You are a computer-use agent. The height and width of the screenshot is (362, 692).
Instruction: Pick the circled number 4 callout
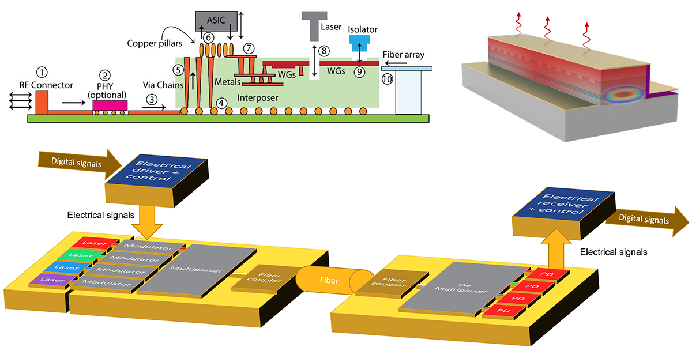pos(221,104)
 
